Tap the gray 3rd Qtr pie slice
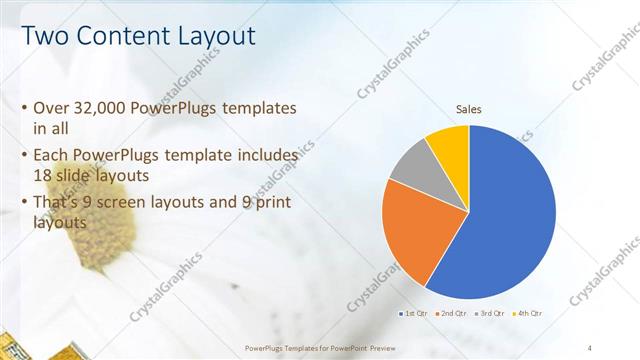pyautogui.click(x=410, y=165)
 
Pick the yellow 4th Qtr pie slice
pyautogui.click(x=449, y=145)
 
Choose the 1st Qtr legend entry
pyautogui.click(x=416, y=313)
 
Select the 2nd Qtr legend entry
pyautogui.click(x=453, y=313)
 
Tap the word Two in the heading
pyautogui.click(x=44, y=37)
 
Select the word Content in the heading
pyautogui.click(x=119, y=37)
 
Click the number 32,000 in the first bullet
pyautogui.click(x=103, y=108)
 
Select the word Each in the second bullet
pyautogui.click(x=52, y=156)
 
